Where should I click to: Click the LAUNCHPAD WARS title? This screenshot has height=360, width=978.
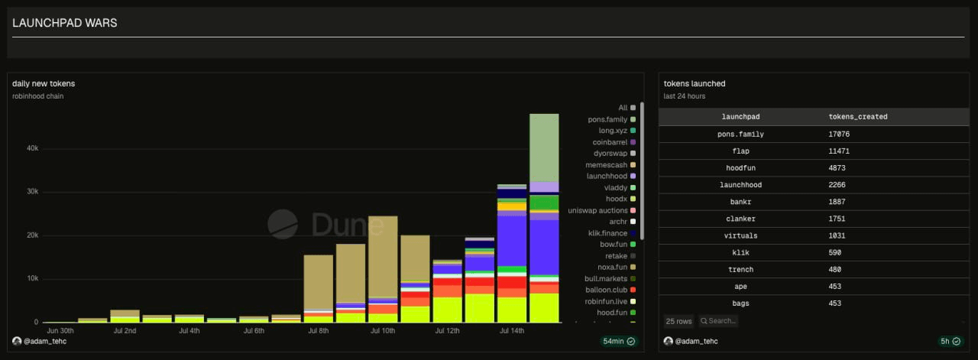[x=65, y=23]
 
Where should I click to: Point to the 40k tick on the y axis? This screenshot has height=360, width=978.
[x=32, y=148]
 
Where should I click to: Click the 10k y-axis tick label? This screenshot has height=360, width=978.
[x=32, y=278]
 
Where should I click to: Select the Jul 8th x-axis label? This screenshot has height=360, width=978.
[x=319, y=331]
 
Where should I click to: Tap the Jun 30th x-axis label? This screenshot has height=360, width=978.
[x=60, y=331]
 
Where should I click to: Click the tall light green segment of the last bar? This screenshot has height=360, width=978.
[x=544, y=148]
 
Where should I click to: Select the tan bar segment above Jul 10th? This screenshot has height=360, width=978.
[x=383, y=257]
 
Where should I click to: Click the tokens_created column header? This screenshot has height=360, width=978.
[x=858, y=117]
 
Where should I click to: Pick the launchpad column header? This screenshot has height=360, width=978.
[x=740, y=117]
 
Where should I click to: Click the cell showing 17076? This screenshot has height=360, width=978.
[x=839, y=134]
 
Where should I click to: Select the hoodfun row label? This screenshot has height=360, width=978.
[x=740, y=167]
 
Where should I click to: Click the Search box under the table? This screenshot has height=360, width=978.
[x=718, y=321]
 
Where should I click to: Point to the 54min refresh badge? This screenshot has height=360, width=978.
[x=619, y=341]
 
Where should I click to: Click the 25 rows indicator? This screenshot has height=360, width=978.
[x=678, y=321]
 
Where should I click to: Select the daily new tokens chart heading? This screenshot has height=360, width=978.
[x=44, y=83]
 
